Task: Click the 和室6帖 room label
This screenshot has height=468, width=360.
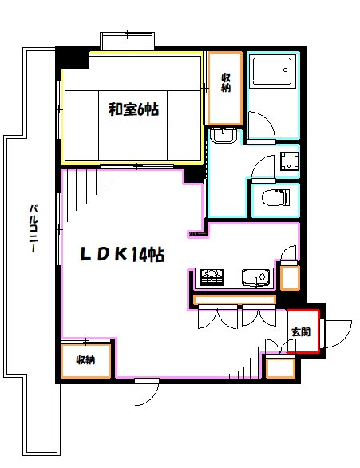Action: point(133,110)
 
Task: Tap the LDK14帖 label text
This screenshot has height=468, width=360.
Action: point(121,256)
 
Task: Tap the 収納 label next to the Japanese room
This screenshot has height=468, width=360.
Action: point(226,83)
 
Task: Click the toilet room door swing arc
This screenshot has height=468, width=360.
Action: point(259,171)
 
